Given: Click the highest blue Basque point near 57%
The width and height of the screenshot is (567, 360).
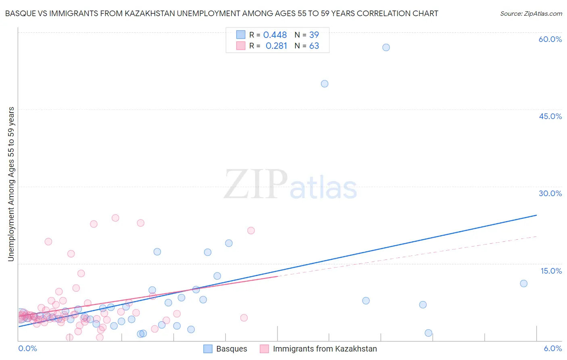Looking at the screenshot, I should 386,47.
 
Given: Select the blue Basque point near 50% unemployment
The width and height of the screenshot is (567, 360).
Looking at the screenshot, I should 325,84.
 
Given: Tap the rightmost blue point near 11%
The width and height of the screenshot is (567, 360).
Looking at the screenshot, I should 523,283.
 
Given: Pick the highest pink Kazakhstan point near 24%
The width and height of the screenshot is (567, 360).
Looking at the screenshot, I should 115,218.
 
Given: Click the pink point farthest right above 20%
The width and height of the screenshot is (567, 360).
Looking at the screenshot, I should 251,230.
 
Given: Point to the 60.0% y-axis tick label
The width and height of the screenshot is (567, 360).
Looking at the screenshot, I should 550,39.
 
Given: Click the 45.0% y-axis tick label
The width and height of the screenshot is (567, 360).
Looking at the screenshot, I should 550,116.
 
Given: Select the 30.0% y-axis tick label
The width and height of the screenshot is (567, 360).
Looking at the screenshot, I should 550,193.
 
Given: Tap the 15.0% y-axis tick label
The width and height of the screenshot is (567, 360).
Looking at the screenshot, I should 551,271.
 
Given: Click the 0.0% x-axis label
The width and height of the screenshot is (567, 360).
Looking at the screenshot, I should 27,349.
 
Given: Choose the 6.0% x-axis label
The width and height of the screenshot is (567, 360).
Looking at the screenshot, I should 552,349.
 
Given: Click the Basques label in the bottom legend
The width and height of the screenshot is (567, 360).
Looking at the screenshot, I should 231,349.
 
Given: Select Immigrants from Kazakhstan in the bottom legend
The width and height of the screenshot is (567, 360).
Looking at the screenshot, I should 325,349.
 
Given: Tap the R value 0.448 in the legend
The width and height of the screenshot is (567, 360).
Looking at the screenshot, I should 275,35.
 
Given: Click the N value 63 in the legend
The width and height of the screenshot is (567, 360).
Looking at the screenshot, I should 314,46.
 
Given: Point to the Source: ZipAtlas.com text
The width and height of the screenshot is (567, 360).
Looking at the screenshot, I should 531,14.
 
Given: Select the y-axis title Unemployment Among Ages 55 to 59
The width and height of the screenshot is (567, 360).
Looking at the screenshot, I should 11,184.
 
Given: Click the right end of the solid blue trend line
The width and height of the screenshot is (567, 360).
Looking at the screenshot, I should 536,215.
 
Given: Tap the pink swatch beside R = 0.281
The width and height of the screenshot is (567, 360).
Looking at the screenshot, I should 241,46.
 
